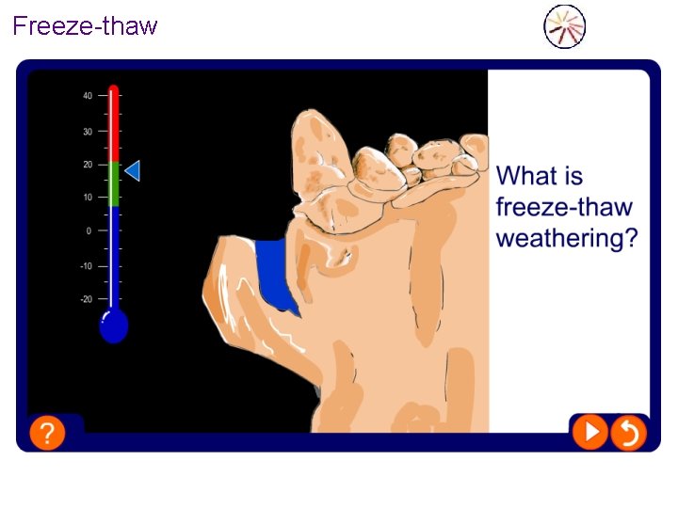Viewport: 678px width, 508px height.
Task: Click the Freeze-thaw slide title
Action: (x=85, y=25)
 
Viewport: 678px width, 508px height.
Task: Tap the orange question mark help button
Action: (x=47, y=433)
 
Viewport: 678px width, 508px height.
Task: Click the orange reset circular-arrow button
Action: (x=628, y=433)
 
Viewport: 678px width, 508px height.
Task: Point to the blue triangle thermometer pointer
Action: (x=133, y=170)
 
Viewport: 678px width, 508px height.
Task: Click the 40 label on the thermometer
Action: (x=87, y=96)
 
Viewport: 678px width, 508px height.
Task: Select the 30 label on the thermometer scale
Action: (x=87, y=132)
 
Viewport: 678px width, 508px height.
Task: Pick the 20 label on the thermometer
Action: (x=87, y=165)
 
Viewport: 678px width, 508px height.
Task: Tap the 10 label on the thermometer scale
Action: (x=87, y=198)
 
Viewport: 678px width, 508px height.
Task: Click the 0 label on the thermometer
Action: (x=89, y=230)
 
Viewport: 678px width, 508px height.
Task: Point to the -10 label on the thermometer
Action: (x=86, y=266)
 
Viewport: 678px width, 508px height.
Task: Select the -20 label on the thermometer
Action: (x=86, y=299)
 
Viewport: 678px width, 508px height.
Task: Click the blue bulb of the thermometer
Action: (x=114, y=326)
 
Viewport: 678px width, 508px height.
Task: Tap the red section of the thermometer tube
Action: (x=114, y=127)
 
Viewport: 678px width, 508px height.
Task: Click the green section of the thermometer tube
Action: (x=114, y=183)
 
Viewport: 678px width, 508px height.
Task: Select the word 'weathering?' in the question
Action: (x=567, y=239)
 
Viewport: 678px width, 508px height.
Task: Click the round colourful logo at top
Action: (x=565, y=26)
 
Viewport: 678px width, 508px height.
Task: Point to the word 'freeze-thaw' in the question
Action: (x=564, y=207)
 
